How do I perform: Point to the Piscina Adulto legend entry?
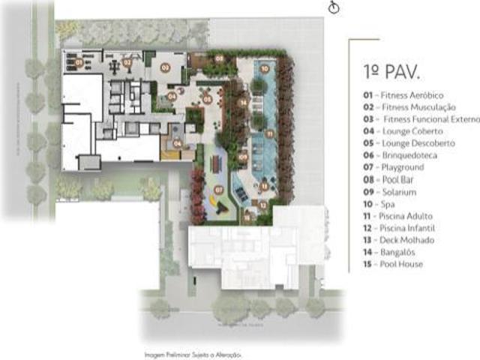(398, 216)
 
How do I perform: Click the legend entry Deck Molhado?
(398, 240)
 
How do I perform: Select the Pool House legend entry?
(393, 264)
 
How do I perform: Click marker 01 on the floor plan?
(79, 63)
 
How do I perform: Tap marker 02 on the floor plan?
(127, 63)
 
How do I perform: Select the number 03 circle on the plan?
(166, 67)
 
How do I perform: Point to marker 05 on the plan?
(207, 98)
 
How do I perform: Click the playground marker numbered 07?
(219, 190)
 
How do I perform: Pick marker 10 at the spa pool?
(265, 68)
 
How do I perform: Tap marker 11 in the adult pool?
(268, 133)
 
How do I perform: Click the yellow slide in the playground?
(212, 202)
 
